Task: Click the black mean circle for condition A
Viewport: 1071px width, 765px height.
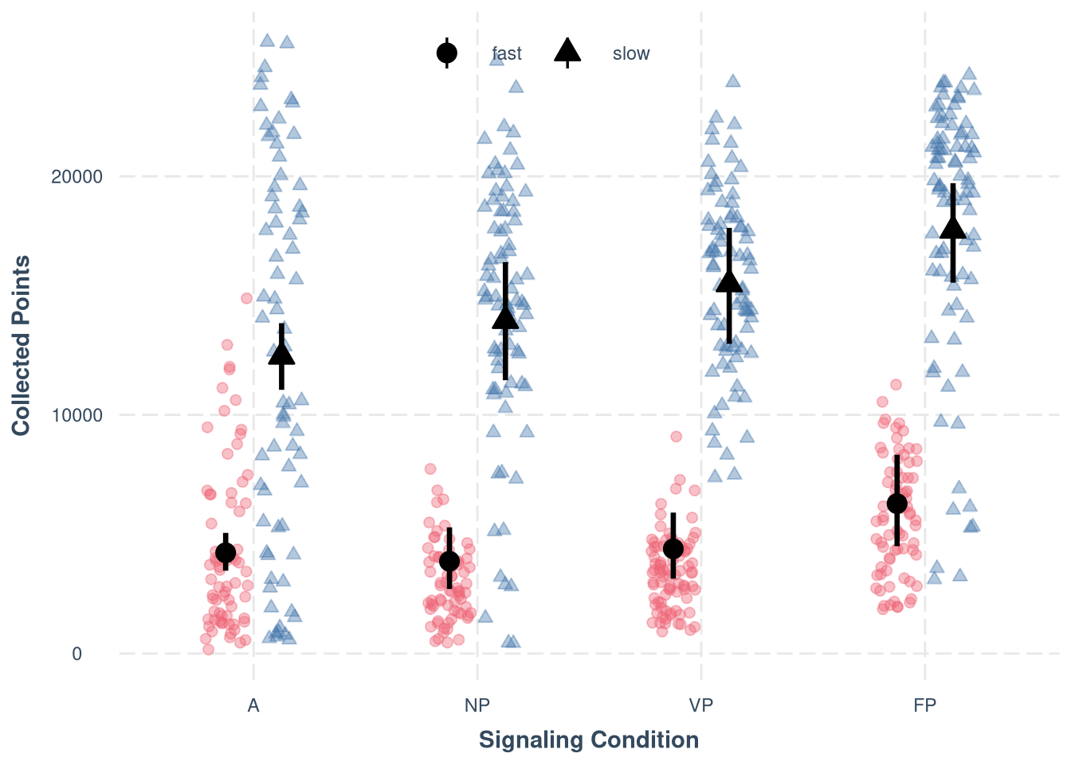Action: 226,552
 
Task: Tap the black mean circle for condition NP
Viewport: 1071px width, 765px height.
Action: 449,561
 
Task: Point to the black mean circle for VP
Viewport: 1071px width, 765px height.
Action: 673,548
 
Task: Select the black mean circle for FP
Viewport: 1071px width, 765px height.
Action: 897,504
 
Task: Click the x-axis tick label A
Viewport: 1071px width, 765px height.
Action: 253,705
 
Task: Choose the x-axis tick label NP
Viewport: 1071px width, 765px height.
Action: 477,705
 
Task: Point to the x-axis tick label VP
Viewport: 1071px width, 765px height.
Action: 701,705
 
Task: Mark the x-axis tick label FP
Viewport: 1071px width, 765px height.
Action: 925,705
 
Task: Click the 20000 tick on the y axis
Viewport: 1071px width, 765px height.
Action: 77,176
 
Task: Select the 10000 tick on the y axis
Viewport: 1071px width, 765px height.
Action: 77,415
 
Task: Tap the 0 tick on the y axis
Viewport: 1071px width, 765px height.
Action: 77,654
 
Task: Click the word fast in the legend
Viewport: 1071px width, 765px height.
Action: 507,53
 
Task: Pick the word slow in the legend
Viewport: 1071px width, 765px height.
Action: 631,53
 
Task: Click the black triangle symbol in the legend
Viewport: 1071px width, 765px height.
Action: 567,52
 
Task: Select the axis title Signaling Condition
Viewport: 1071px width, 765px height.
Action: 589,740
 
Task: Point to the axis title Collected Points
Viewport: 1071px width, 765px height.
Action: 22,345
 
